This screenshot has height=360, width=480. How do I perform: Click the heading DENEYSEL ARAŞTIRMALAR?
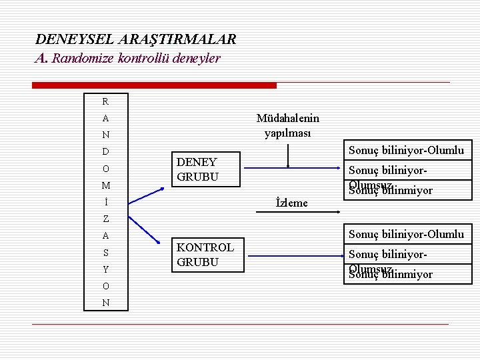click(x=135, y=40)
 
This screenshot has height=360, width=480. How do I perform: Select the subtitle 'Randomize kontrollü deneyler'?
click(x=136, y=59)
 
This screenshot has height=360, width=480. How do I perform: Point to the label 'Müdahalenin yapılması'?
click(x=287, y=125)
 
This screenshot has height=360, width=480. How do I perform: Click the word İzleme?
click(x=291, y=203)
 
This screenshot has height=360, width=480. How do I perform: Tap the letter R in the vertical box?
click(x=105, y=102)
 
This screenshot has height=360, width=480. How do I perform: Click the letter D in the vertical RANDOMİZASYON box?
click(x=105, y=152)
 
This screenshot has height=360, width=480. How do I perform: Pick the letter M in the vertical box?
click(x=105, y=185)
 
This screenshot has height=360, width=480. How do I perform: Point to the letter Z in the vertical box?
click(x=105, y=219)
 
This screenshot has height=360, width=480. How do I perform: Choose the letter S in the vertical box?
click(x=105, y=253)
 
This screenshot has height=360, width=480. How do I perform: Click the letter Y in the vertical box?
click(x=105, y=269)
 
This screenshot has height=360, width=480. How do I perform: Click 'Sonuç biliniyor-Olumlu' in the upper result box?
click(x=406, y=151)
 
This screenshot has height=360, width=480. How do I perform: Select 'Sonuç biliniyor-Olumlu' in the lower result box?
click(x=406, y=234)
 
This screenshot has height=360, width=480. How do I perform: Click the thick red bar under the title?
click(x=155, y=85)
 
